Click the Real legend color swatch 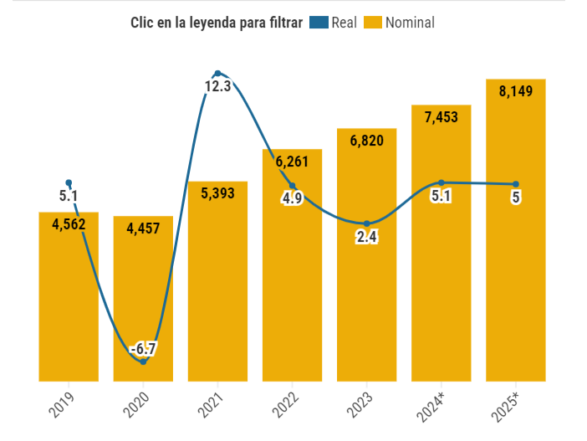[319, 23]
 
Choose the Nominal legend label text [410, 23]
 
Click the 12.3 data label [217, 85]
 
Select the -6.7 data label [143, 347]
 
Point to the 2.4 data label [366, 237]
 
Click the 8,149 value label [515, 91]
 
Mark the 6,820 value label [366, 141]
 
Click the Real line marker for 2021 [217, 74]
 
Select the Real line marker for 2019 [69, 182]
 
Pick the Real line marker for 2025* [515, 184]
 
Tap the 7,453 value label [441, 117]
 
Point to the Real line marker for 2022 [292, 186]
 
